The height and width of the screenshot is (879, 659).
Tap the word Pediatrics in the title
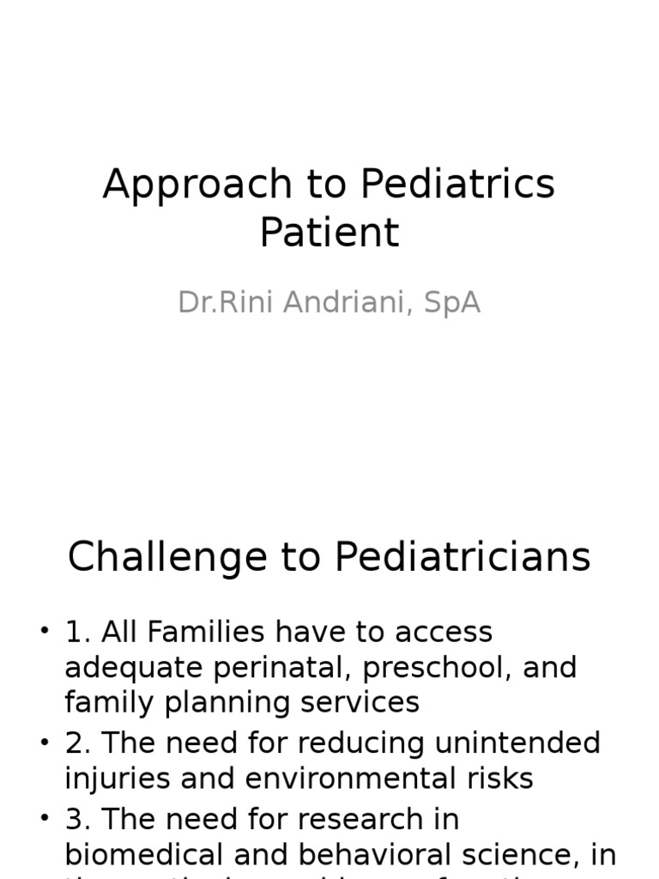[x=457, y=185]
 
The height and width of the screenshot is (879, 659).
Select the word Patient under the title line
[x=329, y=233]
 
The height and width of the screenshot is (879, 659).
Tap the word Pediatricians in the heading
[x=463, y=558]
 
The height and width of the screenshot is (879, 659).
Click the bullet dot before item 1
[x=45, y=633]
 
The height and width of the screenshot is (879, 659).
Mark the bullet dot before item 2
[x=45, y=743]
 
